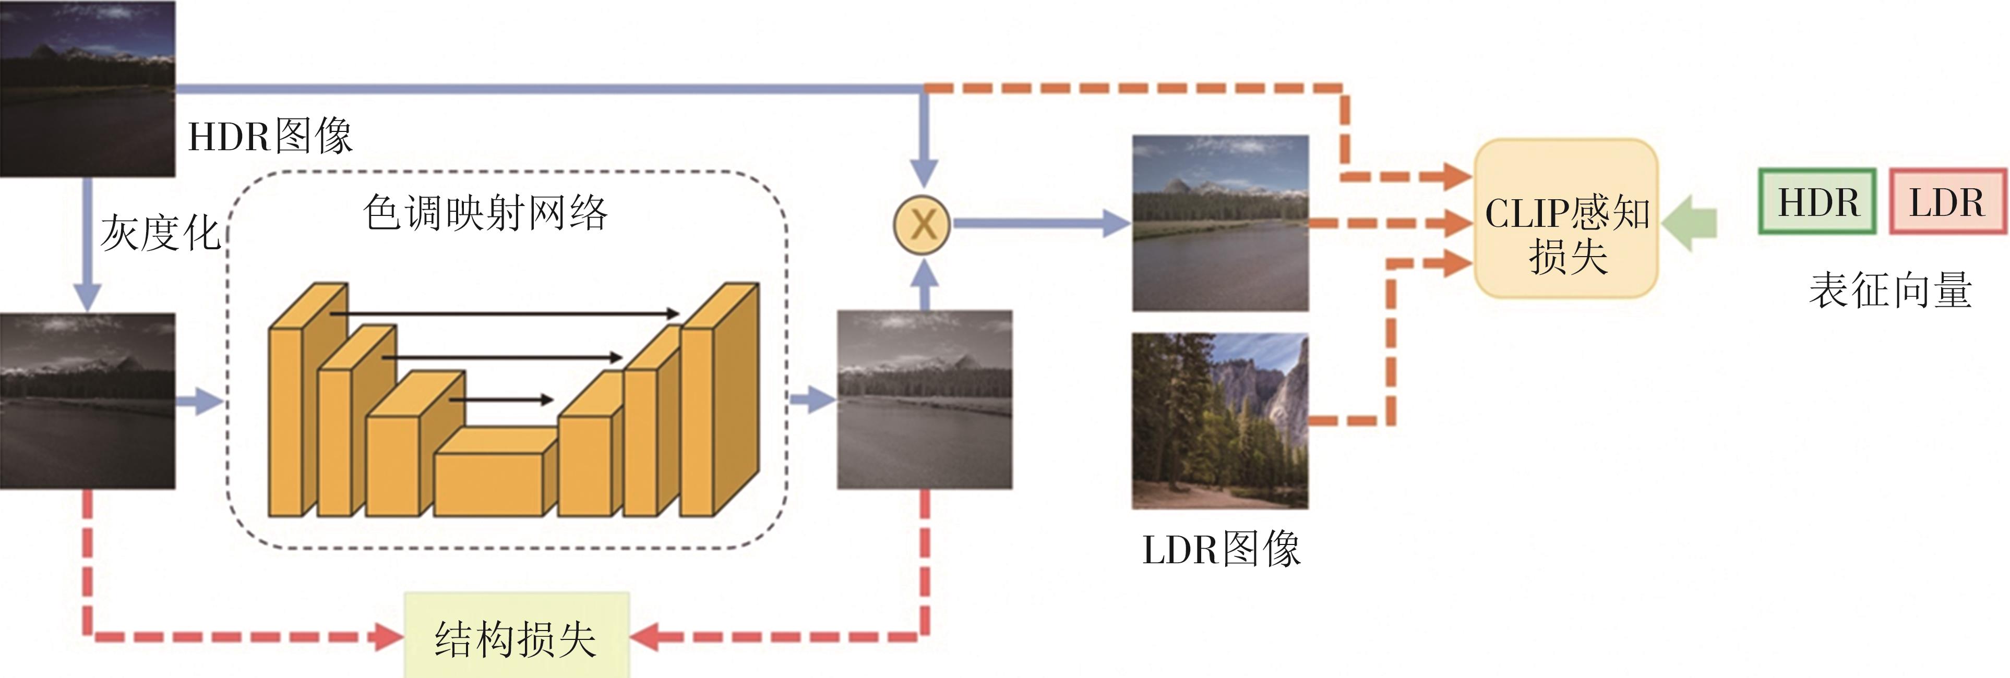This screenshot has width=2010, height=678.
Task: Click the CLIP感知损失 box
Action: coord(1565,219)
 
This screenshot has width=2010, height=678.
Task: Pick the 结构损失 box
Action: coord(516,636)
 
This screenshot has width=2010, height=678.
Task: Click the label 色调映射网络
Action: coord(485,213)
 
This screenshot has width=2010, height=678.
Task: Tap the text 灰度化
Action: coord(160,233)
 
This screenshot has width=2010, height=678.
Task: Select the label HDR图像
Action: coord(270,137)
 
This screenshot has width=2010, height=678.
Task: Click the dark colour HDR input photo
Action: coord(87,88)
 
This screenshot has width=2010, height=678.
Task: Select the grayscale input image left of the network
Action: coord(87,401)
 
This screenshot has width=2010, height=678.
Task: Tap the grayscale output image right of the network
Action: coord(925,399)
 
